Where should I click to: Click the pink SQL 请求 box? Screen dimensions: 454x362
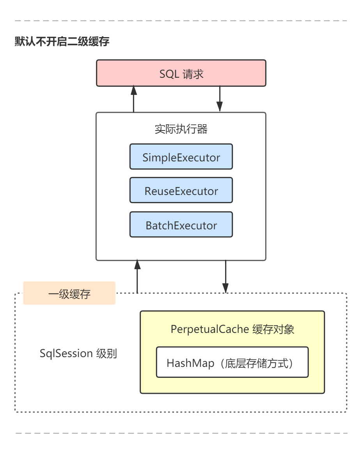[181, 73]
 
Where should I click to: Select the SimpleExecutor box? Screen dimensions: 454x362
[181, 157]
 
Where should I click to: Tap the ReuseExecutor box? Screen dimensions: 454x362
[181, 191]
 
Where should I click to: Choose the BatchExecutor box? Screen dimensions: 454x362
[181, 225]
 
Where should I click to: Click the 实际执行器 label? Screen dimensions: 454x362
[181, 129]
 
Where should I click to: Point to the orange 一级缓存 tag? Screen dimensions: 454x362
[69, 293]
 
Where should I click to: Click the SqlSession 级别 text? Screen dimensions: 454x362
[78, 354]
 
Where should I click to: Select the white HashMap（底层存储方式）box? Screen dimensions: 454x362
[232, 363]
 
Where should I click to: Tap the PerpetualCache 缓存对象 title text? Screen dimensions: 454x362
[232, 329]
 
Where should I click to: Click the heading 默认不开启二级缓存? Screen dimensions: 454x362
[62, 41]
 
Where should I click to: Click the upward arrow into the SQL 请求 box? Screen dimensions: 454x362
[134, 99]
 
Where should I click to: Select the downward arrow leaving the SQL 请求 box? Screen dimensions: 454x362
[220, 99]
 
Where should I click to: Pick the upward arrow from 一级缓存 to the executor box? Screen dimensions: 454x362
[137, 277]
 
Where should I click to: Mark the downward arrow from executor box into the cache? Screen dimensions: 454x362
[225, 277]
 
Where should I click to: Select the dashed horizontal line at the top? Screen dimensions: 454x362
[181, 21]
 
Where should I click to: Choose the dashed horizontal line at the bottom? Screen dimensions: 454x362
[181, 433]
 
